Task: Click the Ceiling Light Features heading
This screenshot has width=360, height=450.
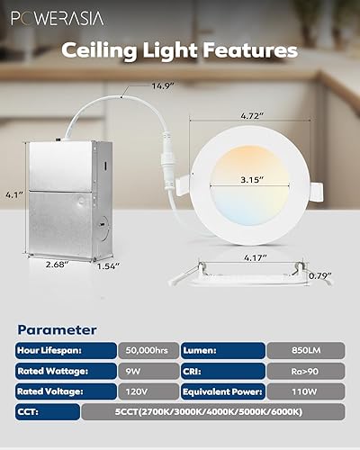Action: [180, 50]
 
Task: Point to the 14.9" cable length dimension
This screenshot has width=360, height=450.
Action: [163, 86]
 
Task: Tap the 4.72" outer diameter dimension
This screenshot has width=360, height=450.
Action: [238, 116]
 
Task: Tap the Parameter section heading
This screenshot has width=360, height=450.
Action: [57, 329]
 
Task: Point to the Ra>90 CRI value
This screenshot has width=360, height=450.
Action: [305, 370]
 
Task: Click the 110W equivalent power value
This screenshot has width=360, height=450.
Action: [305, 391]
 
